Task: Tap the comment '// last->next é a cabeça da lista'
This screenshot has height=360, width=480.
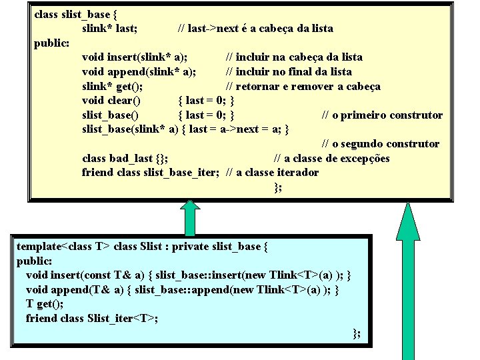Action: click(x=255, y=28)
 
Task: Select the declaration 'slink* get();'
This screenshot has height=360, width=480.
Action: click(x=112, y=87)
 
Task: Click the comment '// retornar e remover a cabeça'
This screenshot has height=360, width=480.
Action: click(x=303, y=87)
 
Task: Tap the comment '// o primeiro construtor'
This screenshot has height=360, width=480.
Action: click(x=382, y=115)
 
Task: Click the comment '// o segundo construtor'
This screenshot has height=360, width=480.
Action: click(x=381, y=144)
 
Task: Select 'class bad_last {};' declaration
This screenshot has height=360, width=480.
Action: click(x=125, y=158)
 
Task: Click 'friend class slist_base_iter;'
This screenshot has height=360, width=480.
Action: click(x=151, y=173)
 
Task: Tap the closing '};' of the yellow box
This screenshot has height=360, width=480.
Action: click(x=278, y=187)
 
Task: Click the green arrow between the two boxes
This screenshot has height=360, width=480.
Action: click(x=189, y=217)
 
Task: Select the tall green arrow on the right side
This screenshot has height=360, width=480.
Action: click(x=407, y=280)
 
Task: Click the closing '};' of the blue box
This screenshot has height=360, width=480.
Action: click(x=357, y=333)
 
